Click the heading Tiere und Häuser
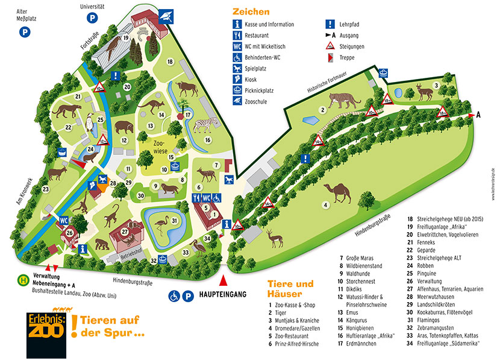point(290,288)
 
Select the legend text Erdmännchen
point(357,343)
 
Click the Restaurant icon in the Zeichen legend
point(238,36)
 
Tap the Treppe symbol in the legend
point(330,58)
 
